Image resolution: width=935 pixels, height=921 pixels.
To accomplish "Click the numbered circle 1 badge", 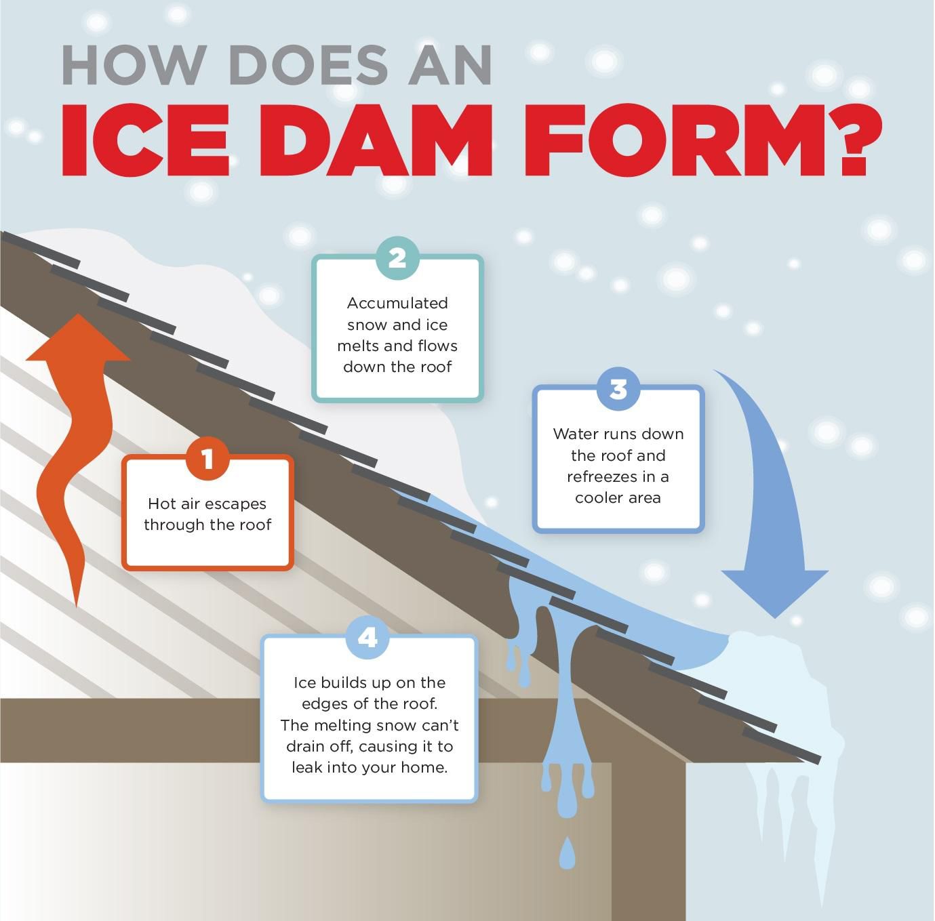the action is point(207,459).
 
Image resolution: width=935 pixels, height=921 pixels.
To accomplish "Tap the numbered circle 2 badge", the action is point(397,258).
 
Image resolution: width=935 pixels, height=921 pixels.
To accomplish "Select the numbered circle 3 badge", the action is point(618,389).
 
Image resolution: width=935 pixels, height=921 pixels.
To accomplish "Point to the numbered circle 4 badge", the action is point(367,638).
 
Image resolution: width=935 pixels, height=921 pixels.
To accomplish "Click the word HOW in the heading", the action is point(132,65).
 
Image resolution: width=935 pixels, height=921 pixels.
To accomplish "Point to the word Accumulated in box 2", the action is point(397,303).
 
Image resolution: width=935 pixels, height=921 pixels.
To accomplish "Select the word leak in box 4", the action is point(308,767).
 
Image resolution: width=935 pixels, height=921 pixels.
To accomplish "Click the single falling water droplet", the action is point(567,852).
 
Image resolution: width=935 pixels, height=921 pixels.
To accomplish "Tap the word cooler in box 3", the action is point(594,498).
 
